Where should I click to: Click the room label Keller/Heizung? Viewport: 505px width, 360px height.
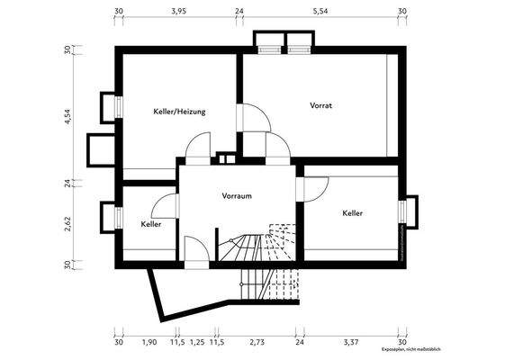click(x=180, y=112)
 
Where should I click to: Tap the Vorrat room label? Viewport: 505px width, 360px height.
click(x=321, y=105)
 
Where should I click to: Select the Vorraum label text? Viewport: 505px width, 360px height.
click(x=236, y=194)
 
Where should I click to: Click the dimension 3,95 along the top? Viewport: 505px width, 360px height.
click(x=179, y=13)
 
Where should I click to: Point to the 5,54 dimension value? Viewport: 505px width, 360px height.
click(x=320, y=13)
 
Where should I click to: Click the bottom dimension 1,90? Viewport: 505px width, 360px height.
click(x=150, y=343)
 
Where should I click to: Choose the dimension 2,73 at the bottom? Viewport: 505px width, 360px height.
click(x=257, y=343)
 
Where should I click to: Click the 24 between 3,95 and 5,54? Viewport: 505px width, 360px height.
click(x=239, y=13)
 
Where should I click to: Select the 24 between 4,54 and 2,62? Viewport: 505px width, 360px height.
click(x=67, y=182)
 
